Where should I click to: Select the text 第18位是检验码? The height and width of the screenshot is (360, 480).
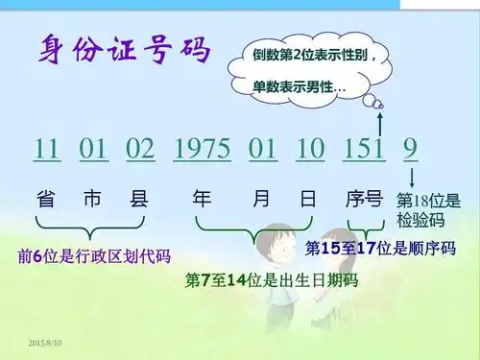(428, 211)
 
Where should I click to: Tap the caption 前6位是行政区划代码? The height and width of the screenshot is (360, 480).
(94, 256)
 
